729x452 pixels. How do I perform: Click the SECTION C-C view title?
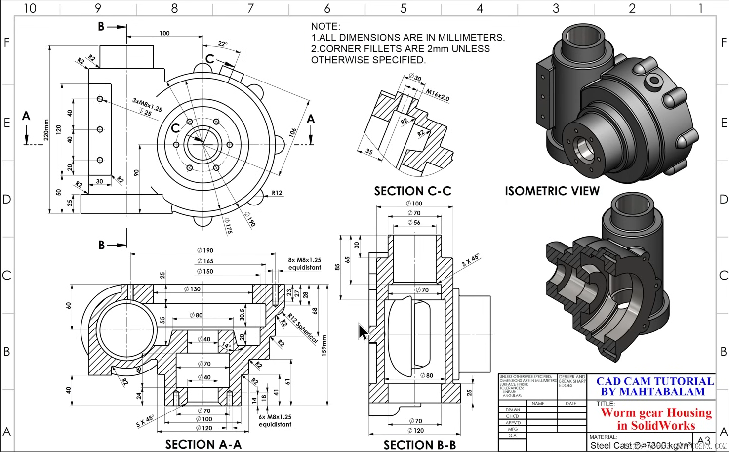412,191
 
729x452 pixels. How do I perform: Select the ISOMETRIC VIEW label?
552,191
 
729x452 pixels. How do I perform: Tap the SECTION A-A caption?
203,444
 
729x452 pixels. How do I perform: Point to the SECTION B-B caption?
419,445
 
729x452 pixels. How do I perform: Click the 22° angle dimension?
223,44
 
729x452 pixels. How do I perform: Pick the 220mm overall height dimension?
46,130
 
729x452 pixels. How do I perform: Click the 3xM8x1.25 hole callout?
147,105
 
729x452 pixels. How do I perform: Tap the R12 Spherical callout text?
303,329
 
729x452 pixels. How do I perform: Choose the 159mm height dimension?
324,345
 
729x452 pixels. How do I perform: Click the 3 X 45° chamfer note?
470,260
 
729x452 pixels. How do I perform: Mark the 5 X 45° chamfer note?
145,421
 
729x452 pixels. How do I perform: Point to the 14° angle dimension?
226,345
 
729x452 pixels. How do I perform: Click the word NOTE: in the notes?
325,26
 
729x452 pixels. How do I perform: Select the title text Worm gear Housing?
656,412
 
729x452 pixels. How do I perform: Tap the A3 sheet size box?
704,441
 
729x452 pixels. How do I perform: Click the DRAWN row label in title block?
513,410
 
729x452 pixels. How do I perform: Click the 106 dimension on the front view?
293,132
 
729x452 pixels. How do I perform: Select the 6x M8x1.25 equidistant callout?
275,420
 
